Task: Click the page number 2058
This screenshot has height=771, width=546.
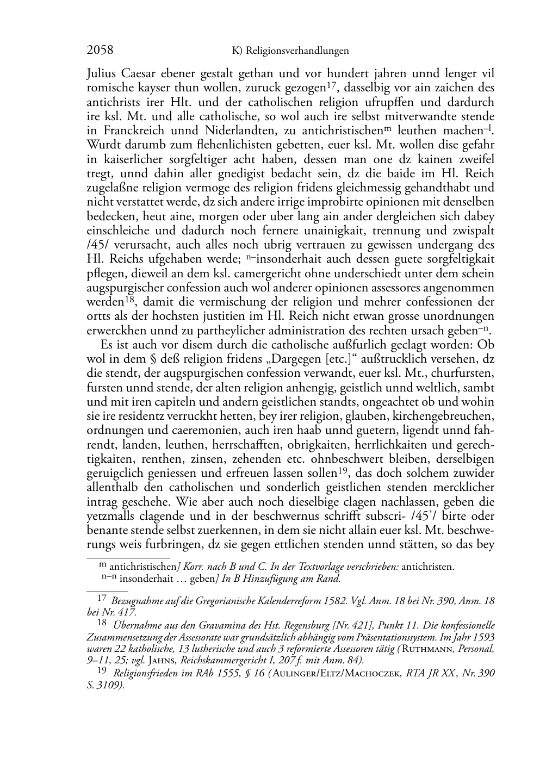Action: click(100, 51)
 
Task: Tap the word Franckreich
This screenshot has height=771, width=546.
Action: click(127, 130)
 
